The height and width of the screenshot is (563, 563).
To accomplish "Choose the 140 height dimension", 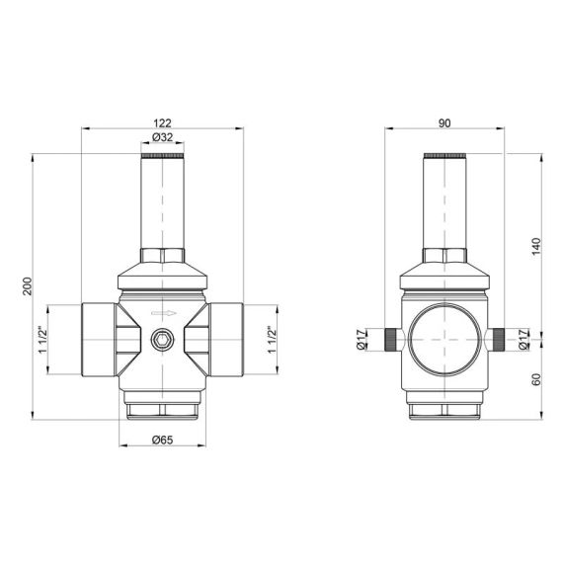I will (x=536, y=246).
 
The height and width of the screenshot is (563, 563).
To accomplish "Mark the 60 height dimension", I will (x=536, y=378).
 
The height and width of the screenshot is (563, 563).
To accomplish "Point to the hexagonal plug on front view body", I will (x=161, y=343).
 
